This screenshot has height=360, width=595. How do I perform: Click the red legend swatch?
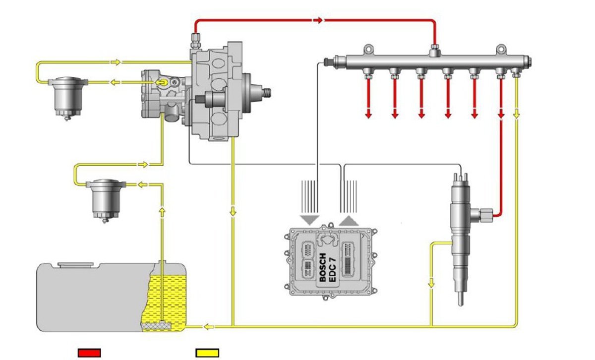coord(89,353)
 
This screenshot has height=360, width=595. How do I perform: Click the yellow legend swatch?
coord(207,353)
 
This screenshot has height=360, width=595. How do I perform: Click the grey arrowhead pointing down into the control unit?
coord(309,220)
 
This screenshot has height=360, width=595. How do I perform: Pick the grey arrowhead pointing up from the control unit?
coord(349,221)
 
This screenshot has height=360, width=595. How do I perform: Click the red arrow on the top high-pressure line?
coord(318,20)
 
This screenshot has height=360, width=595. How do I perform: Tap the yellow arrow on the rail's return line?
coord(516,114)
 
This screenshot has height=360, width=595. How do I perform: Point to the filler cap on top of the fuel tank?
coord(76,264)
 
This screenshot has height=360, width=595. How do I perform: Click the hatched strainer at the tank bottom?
coord(157,326)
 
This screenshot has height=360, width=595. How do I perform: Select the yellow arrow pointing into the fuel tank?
coord(209,326)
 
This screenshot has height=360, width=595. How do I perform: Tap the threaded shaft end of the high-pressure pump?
coord(266,92)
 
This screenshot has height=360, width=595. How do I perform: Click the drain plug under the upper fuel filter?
coord(67,118)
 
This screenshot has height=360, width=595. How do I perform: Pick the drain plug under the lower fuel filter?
coord(105,220)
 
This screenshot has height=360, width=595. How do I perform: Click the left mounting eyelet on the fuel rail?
coord(369,50)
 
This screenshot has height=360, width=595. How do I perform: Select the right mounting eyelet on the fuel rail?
coord(501,50)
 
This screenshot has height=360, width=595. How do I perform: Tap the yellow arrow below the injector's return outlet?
coord(431,283)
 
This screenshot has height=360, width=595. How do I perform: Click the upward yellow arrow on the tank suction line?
coord(162,212)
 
